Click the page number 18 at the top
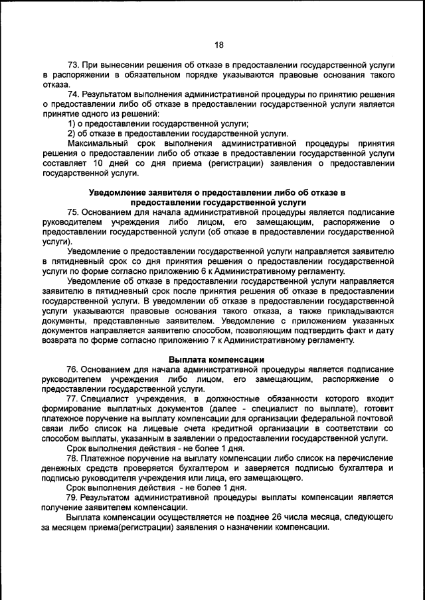point(219,44)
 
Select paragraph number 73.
point(74,65)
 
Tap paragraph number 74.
point(74,94)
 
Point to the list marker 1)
point(72,123)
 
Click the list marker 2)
point(72,133)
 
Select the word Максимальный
point(99,143)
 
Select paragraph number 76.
point(74,369)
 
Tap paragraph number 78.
point(74,457)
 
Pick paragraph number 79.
point(74,497)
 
